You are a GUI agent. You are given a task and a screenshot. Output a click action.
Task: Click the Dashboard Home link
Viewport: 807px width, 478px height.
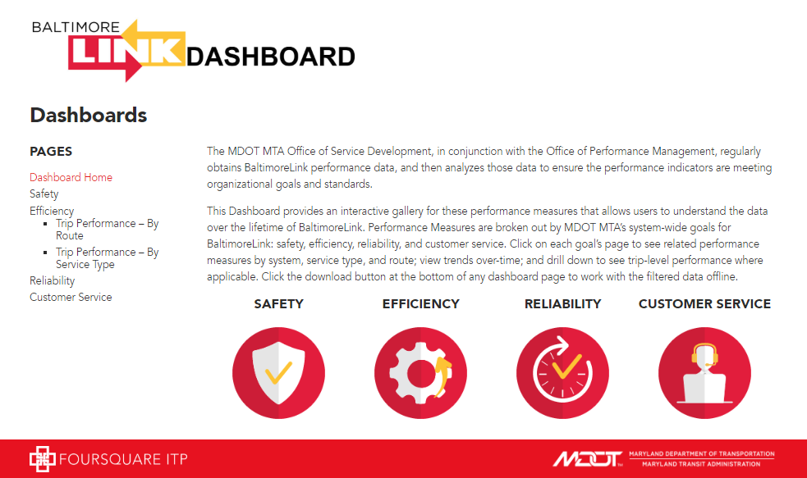(x=71, y=177)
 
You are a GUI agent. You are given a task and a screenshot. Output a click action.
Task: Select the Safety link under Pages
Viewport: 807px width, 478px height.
(x=44, y=193)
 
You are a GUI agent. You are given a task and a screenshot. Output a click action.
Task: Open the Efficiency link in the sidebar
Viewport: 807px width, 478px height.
(x=52, y=211)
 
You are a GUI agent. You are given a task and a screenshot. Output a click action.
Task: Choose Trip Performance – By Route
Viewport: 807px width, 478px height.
(x=107, y=230)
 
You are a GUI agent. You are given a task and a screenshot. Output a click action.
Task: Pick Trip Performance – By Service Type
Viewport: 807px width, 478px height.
(x=107, y=258)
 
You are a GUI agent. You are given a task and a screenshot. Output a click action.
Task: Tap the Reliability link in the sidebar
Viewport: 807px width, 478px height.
(x=52, y=280)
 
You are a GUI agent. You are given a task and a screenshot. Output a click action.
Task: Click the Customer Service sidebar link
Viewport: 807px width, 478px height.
(x=71, y=297)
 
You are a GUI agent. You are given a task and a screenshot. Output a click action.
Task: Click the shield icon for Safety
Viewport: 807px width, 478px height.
(x=278, y=372)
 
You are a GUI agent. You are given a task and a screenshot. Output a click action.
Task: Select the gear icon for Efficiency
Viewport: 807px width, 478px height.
(x=420, y=372)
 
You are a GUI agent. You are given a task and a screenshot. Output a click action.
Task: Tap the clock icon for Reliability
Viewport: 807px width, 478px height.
(x=562, y=372)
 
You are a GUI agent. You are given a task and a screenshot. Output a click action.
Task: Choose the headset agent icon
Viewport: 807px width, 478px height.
(x=704, y=372)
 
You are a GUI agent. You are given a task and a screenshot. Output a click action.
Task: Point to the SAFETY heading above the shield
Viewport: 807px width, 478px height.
(x=278, y=303)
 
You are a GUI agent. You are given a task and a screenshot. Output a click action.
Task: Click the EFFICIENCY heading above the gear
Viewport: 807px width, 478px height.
(x=420, y=303)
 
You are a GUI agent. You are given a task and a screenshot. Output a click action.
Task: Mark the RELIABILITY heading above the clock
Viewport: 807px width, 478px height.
(x=562, y=303)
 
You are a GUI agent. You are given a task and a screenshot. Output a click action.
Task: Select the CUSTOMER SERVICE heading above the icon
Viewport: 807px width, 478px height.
(x=704, y=303)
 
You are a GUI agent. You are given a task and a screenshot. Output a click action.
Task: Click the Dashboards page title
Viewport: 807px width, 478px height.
(x=89, y=115)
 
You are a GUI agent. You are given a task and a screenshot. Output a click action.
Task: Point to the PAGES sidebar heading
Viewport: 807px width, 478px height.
(x=51, y=152)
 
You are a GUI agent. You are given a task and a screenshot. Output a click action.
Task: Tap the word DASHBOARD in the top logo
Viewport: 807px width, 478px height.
(x=271, y=57)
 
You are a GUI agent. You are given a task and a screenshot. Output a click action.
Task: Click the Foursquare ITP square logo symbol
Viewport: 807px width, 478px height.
(x=42, y=459)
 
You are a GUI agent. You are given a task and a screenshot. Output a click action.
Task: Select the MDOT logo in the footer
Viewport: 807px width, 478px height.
(x=587, y=458)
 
